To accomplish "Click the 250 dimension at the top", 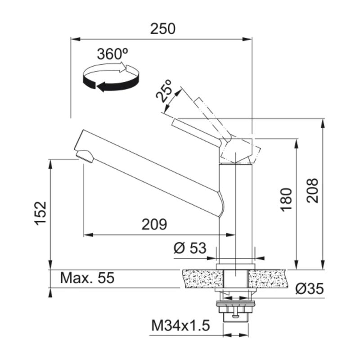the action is click(162, 29).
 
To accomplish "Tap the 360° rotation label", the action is click(112, 54).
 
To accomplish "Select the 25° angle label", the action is click(164, 91).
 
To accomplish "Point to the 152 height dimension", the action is click(41, 213).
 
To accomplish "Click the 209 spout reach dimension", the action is click(154, 224).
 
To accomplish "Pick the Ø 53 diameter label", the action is click(190, 248).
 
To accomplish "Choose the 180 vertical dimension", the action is click(286, 199).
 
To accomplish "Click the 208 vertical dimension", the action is click(312, 190).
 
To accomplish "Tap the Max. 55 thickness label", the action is click(87, 278).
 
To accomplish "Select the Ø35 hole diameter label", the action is click(310, 288).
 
